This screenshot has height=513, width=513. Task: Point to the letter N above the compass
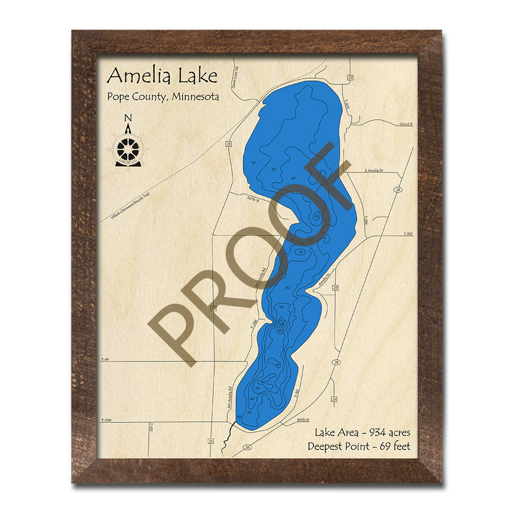click(128, 119)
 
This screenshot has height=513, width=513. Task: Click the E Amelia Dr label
click(374, 170)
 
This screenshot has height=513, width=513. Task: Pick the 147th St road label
click(253, 200)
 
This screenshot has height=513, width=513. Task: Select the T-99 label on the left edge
click(104, 360)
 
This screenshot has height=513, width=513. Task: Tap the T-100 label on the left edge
click(105, 421)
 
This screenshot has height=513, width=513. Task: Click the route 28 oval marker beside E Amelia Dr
click(398, 189)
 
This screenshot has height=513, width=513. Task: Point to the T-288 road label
click(254, 324)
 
